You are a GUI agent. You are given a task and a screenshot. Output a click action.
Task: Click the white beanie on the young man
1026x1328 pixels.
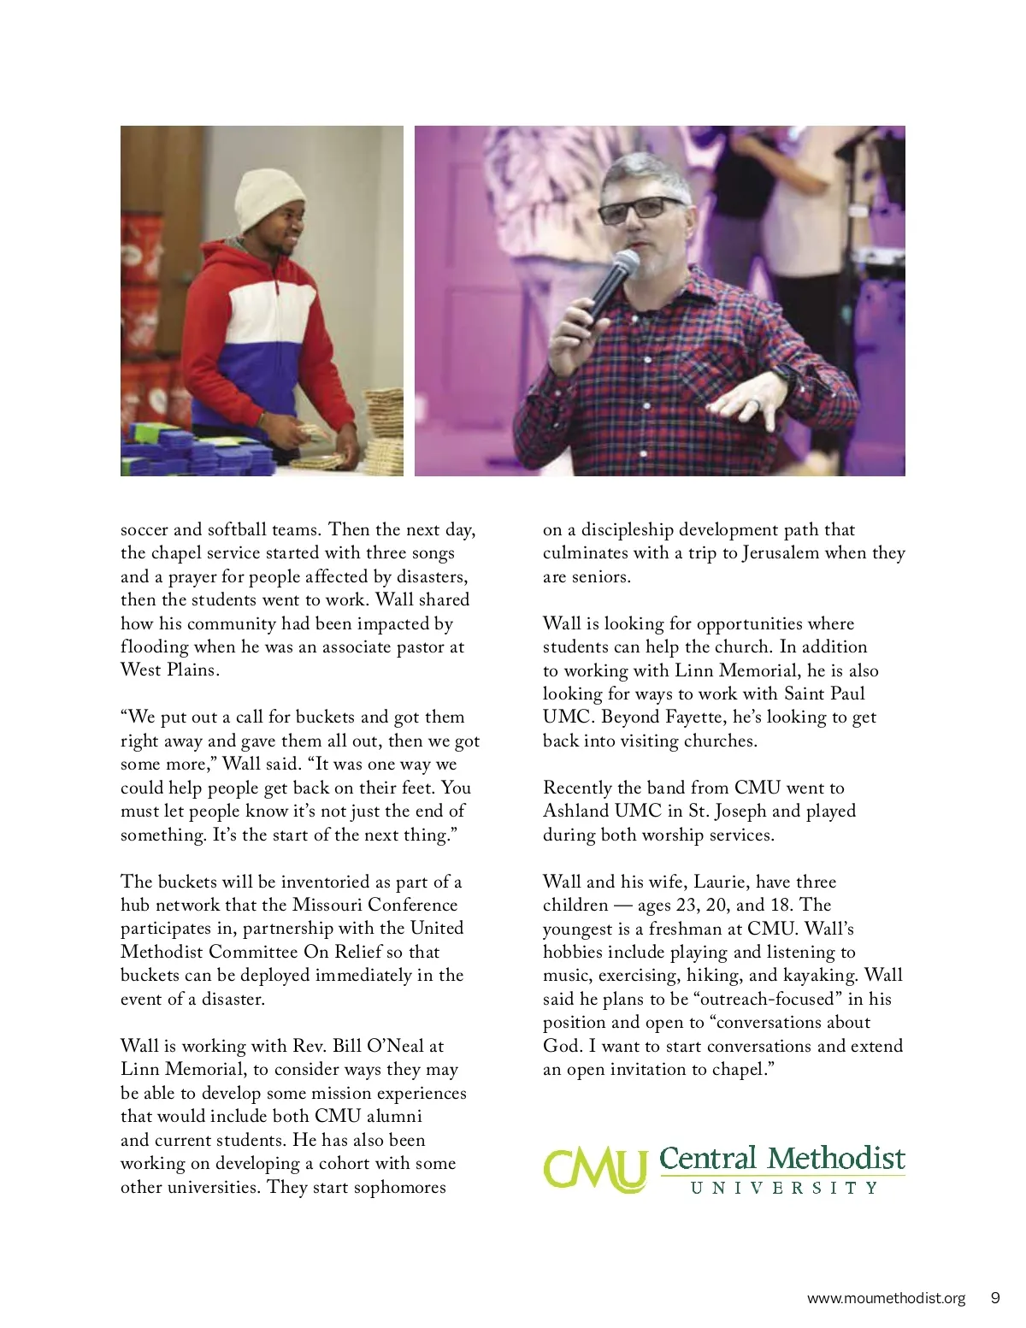(x=270, y=199)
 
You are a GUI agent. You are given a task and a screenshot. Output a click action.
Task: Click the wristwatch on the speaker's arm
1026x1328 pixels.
(x=784, y=375)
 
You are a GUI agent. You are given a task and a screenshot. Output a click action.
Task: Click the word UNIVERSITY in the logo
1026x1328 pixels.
(x=783, y=1188)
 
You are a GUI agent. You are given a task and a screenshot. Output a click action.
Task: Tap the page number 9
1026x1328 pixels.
(x=994, y=1298)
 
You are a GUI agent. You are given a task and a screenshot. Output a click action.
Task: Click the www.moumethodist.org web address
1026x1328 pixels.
(x=886, y=1298)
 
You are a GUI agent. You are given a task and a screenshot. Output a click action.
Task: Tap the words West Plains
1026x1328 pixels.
(x=169, y=670)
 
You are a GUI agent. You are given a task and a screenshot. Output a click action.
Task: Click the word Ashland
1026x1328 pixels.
(x=575, y=812)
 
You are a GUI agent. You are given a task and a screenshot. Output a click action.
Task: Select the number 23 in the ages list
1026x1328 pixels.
(x=687, y=905)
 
